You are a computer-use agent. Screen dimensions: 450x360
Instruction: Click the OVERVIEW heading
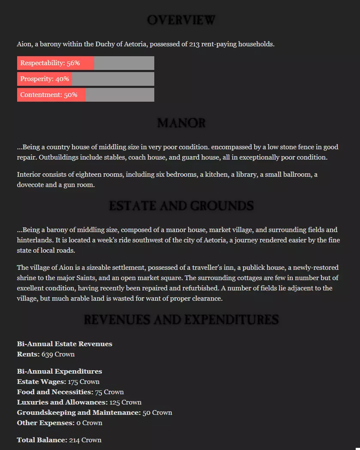181,20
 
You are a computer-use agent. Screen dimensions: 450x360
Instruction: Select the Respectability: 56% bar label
50,63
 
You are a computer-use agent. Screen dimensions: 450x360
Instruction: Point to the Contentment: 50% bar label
48,95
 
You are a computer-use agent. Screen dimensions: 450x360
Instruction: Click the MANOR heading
181,124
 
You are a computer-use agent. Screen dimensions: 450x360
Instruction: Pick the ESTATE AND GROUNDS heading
181,206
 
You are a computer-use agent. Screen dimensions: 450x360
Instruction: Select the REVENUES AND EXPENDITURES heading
181,320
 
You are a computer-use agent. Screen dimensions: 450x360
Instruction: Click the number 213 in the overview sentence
194,44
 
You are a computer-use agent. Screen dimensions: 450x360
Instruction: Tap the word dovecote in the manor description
31,185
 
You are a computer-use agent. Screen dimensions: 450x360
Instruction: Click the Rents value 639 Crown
58,354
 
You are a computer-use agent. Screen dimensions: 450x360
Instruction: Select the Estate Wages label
41,382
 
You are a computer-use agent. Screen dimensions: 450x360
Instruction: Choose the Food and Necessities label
55,392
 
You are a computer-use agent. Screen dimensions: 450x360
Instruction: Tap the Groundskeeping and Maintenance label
79,413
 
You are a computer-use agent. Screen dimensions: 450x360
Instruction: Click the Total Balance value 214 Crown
85,440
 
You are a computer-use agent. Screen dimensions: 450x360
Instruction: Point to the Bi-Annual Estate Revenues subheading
65,344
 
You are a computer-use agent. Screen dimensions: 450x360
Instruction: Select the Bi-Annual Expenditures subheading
60,371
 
